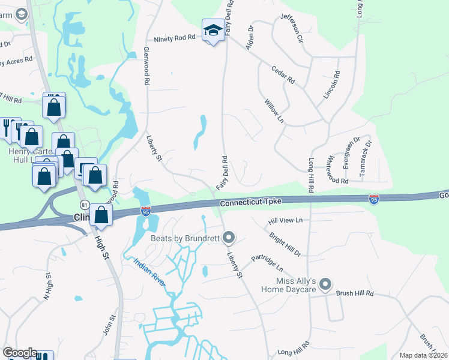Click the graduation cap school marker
point(213,30)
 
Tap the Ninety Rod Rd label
point(175,38)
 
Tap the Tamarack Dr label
point(365,157)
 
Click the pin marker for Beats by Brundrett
point(228,239)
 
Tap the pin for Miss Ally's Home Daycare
point(325,283)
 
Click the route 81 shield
point(85,205)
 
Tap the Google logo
point(19,353)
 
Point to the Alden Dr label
point(251,41)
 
